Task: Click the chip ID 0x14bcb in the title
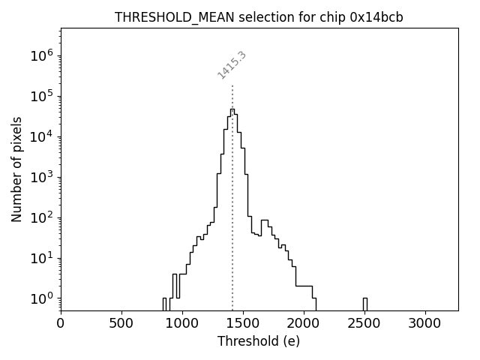click(x=377, y=17)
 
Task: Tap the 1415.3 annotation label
click(x=232, y=65)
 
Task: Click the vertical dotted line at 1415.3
click(x=232, y=195)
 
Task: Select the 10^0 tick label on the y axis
click(x=41, y=298)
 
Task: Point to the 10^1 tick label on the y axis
click(x=41, y=258)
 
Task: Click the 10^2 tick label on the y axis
click(x=41, y=217)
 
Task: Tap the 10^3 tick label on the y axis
click(x=41, y=177)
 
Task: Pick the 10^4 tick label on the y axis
click(x=41, y=136)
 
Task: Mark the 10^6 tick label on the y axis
click(x=41, y=55)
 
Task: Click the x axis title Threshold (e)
click(x=259, y=341)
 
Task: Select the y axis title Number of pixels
click(x=16, y=169)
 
